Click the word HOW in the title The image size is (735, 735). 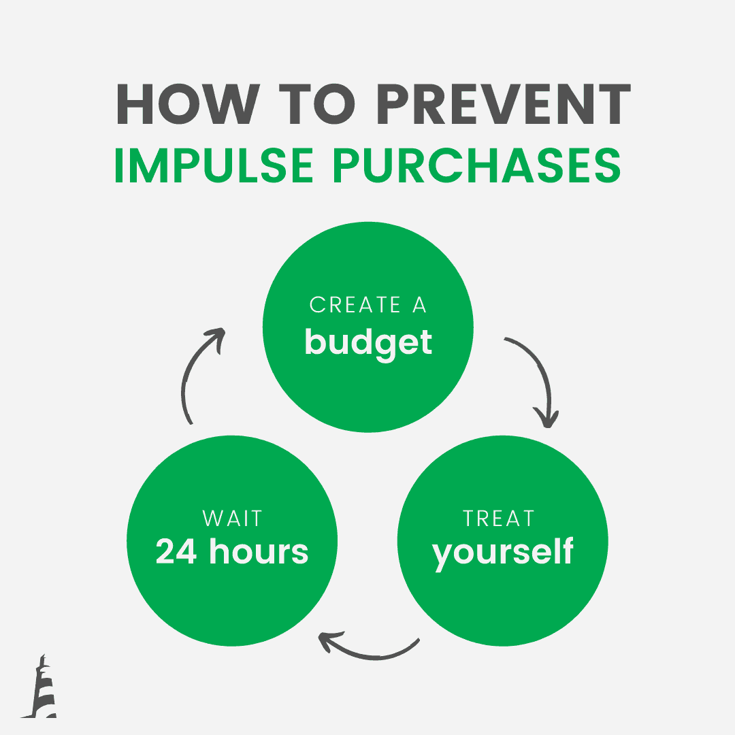189,103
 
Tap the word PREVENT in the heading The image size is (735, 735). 504,103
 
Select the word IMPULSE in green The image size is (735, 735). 213,165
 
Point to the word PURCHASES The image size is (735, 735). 477,165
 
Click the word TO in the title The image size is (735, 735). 317,103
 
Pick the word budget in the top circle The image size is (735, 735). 368,344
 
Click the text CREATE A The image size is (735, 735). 368,305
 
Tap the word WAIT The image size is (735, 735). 232,518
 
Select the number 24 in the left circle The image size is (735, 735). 176,551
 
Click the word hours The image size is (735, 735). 259,551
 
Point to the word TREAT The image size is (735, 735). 498,518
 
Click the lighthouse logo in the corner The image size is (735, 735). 39,686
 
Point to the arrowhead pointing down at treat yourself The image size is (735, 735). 546,418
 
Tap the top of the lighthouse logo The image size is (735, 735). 43,655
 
